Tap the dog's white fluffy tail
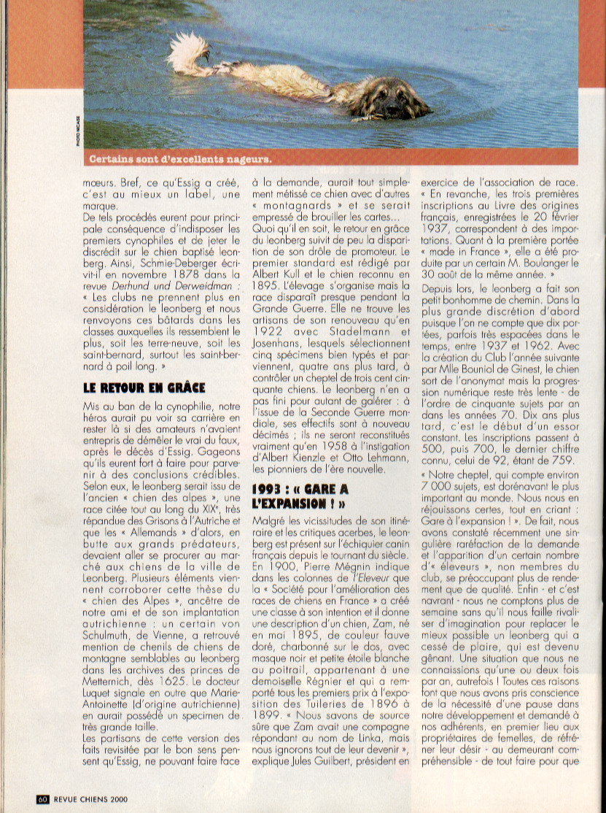coord(189,55)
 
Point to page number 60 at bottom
coord(42,799)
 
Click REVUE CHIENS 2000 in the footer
coord(88,799)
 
